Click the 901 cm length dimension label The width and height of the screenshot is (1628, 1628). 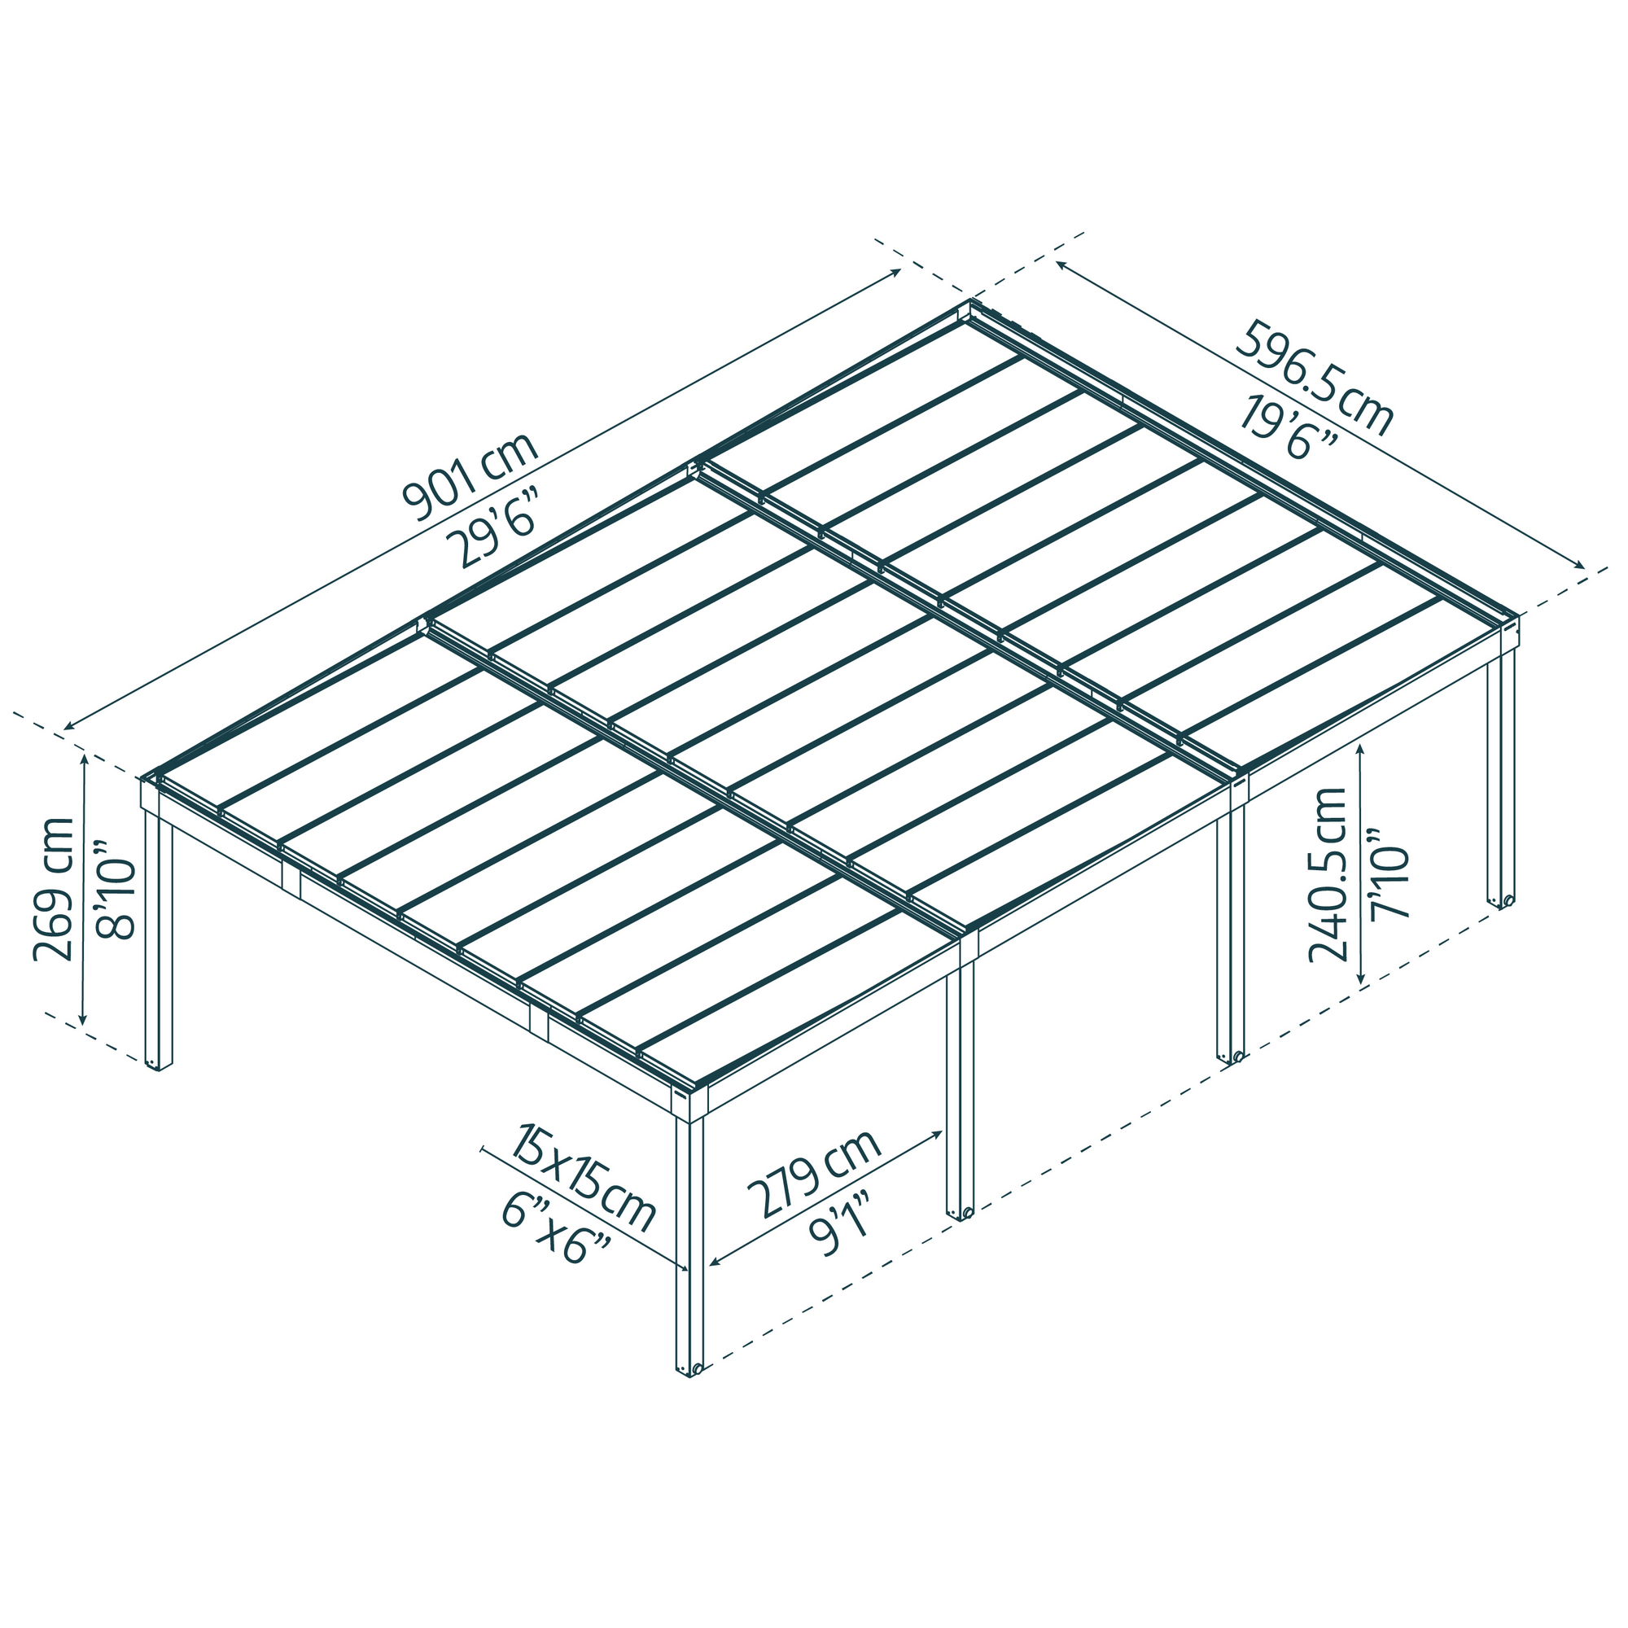pyautogui.click(x=470, y=478)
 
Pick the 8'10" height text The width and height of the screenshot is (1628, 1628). pyautogui.click(x=115, y=889)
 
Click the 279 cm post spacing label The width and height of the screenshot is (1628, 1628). pyautogui.click(x=813, y=1171)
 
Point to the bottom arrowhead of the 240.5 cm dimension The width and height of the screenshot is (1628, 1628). pyautogui.click(x=1361, y=982)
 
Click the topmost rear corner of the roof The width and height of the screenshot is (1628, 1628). pyautogui.click(x=973, y=303)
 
